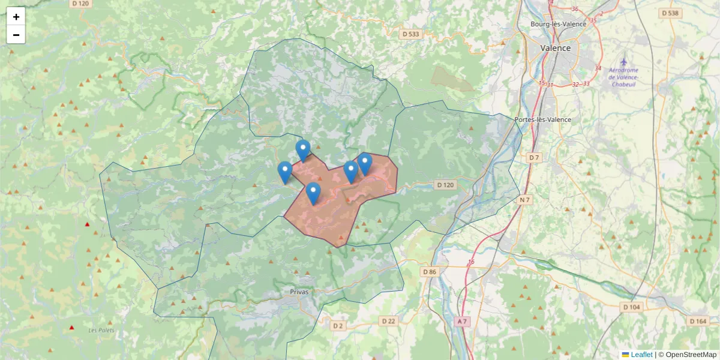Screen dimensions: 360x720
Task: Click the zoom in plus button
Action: (x=16, y=17)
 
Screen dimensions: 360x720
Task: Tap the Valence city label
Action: (x=556, y=48)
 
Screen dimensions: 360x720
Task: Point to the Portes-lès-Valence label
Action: (x=543, y=119)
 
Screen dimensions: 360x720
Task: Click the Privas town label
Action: (x=299, y=292)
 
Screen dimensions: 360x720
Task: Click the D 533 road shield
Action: (x=411, y=34)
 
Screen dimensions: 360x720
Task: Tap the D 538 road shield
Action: (x=670, y=13)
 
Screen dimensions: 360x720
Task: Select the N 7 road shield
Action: (x=526, y=199)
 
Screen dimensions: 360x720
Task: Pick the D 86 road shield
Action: (x=430, y=272)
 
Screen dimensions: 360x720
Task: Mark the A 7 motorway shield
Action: (x=461, y=322)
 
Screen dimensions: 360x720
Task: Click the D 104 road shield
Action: (x=631, y=307)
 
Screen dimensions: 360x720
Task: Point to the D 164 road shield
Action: (x=698, y=322)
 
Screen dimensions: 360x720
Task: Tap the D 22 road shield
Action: (x=389, y=322)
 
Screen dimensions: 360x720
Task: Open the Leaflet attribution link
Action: (x=641, y=355)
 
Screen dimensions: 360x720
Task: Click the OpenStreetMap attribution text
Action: (x=691, y=355)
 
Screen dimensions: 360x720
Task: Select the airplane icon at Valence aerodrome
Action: (x=624, y=62)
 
